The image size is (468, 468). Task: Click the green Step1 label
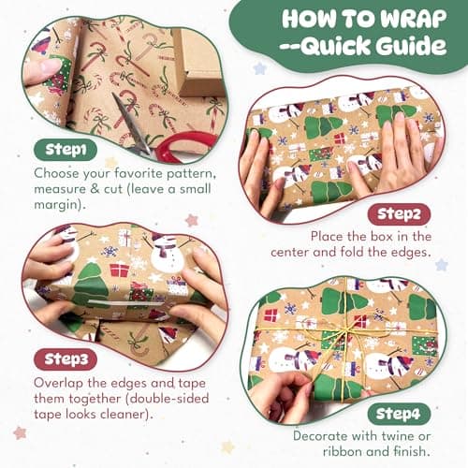coord(63,150)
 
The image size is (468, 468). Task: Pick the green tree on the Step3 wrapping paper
coord(90,285)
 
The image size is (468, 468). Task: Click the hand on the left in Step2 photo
coord(257,168)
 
